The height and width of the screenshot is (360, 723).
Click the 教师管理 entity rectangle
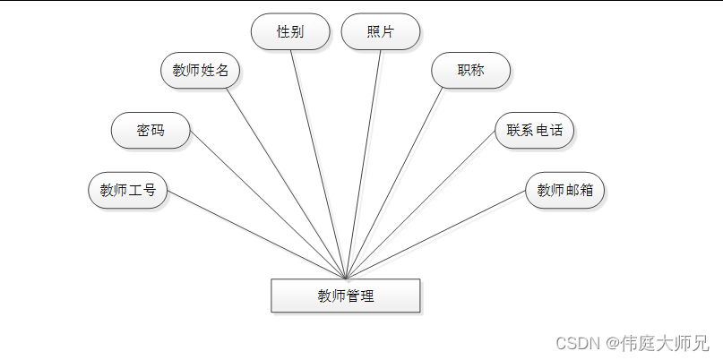point(345,296)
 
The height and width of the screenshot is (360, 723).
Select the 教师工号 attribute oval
point(128,190)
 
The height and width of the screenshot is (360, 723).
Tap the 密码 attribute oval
point(151,131)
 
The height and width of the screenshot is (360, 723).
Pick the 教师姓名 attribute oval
point(200,70)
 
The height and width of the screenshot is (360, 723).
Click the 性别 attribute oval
point(290,31)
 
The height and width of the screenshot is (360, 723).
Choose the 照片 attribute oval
point(381,31)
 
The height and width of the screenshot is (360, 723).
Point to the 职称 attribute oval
point(470,70)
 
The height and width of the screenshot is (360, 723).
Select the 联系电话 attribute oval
point(534,131)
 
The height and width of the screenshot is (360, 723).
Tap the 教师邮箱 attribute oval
point(564,190)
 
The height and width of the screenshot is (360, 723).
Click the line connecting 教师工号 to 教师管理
point(256,235)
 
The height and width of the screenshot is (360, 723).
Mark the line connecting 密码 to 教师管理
point(269,205)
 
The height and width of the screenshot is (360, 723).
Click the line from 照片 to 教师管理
point(364,164)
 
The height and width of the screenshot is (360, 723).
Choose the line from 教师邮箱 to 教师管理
point(435,235)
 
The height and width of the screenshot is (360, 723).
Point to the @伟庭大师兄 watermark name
point(657,343)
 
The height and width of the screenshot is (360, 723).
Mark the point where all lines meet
point(346,278)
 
